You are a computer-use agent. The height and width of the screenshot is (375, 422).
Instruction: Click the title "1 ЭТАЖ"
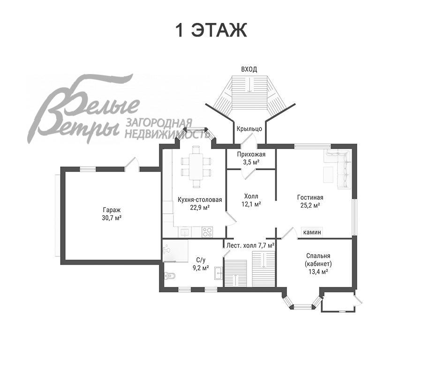pyautogui.click(x=211, y=30)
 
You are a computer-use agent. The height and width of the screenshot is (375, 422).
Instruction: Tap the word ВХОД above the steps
pyautogui.click(x=249, y=69)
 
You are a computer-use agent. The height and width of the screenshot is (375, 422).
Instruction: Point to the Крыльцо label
pyautogui.click(x=249, y=129)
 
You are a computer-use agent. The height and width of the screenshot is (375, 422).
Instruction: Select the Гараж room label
pyautogui.click(x=112, y=210)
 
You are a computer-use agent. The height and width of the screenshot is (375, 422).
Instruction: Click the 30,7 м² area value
pyautogui.click(x=112, y=217)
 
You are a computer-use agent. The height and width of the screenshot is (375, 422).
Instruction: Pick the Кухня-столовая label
pyautogui.click(x=200, y=200)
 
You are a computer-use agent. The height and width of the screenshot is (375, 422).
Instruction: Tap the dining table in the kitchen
pyautogui.click(x=196, y=166)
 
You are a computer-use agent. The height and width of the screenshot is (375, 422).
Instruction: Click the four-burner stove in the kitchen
pyautogui.click(x=207, y=232)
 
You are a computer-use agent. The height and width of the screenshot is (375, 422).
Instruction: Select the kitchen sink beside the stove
pyautogui.click(x=185, y=232)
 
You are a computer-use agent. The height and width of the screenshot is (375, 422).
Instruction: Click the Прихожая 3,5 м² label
pyautogui.click(x=251, y=158)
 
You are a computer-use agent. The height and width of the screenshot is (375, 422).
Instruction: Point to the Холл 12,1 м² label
pyautogui.click(x=251, y=200)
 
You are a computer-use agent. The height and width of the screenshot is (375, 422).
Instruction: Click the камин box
pyautogui.click(x=312, y=232)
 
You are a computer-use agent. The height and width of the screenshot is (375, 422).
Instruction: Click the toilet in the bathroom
pyautogui.click(x=170, y=276)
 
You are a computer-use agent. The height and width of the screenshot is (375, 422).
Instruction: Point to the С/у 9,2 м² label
pyautogui.click(x=201, y=264)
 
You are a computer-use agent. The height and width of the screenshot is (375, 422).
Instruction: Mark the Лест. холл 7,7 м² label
pyautogui.click(x=250, y=245)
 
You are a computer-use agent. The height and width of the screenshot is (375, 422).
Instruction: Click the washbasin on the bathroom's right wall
pyautogui.click(x=219, y=273)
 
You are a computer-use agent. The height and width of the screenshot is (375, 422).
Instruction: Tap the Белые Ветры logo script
pyautogui.click(x=83, y=110)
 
